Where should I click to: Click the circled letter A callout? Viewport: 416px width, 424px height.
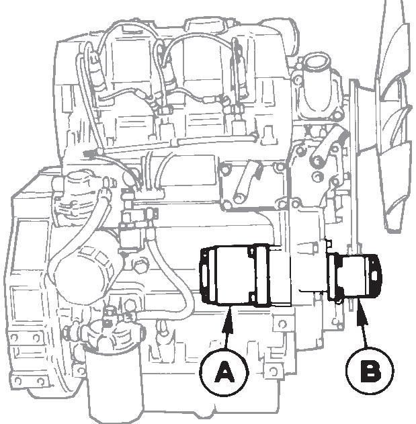click(224, 372)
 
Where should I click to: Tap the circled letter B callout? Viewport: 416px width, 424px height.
click(370, 371)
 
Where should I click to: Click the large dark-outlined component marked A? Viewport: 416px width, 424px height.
click(245, 275)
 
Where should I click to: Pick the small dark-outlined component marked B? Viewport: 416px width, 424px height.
click(354, 276)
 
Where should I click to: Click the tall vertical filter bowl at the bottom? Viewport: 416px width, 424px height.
click(114, 384)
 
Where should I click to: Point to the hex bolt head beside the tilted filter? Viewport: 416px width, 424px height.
click(140, 266)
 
